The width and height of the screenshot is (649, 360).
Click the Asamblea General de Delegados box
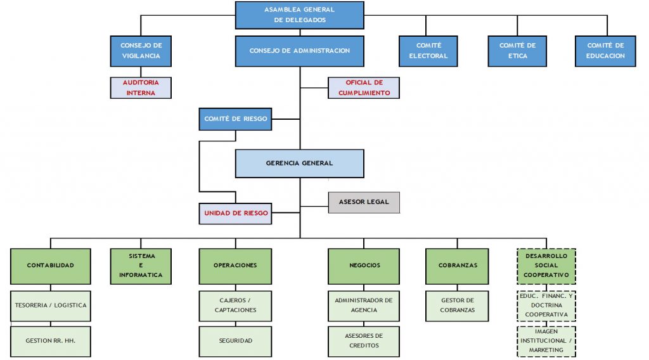pyautogui.click(x=300, y=15)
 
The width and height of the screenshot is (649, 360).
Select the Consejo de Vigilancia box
pyautogui.click(x=141, y=51)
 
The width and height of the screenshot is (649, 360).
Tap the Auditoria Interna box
pyautogui.click(x=141, y=87)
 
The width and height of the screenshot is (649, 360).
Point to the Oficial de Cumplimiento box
pyautogui.click(x=364, y=87)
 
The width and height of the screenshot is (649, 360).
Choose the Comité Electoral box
pyautogui.click(x=428, y=51)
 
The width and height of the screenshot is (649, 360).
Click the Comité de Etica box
pyautogui.click(x=517, y=51)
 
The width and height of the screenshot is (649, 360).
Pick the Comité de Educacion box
pyautogui.click(x=605, y=51)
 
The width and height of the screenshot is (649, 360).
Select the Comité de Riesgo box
pyautogui.click(x=235, y=119)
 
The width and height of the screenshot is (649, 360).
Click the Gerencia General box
pyautogui.click(x=300, y=163)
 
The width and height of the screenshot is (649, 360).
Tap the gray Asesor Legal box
pyautogui.click(x=364, y=202)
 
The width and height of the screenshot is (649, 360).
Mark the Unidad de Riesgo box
pyautogui.click(x=235, y=213)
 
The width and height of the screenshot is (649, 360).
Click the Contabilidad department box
pyautogui.click(x=51, y=266)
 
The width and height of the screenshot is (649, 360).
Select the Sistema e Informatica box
pyautogui.click(x=141, y=266)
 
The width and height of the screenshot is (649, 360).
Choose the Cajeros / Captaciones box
pyautogui.click(x=235, y=305)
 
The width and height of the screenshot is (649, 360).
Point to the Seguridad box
pyautogui.click(x=235, y=341)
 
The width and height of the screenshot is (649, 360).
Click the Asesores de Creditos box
pyautogui.click(x=364, y=341)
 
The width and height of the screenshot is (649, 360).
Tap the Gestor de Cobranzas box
pyautogui.click(x=457, y=305)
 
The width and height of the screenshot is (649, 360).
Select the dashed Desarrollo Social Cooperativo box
pyautogui.click(x=546, y=266)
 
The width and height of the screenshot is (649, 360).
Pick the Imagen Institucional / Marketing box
pyautogui.click(x=546, y=342)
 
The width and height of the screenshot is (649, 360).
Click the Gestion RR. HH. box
pyautogui.click(x=51, y=341)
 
